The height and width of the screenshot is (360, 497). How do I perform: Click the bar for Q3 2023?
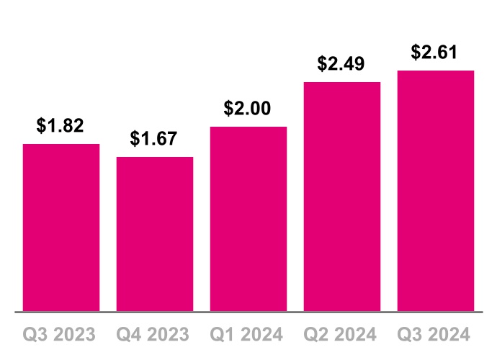[61, 228]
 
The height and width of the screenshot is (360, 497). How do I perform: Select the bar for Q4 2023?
[155, 234]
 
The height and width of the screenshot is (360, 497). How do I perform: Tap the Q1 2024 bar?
[248, 219]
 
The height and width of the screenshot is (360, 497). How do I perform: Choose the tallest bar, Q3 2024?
[436, 191]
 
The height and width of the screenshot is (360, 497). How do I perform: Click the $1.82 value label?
[61, 126]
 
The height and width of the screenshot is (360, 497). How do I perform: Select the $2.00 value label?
[248, 109]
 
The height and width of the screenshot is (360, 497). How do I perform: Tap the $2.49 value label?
[342, 64]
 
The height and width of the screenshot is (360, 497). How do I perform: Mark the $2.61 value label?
[436, 53]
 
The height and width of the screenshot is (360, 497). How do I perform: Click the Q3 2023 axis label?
[61, 335]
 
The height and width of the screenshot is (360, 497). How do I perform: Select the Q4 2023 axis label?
[155, 335]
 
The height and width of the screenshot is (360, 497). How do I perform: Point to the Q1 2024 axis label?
[248, 335]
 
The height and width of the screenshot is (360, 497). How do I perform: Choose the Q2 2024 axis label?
[342, 335]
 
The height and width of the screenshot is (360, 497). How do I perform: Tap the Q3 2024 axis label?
[436, 335]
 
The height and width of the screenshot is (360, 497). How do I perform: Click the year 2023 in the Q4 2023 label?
[169, 335]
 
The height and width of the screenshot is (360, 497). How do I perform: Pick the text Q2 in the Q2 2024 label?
[315, 335]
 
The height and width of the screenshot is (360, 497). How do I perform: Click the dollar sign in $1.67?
[135, 139]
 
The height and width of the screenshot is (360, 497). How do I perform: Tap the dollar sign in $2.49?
[323, 64]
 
